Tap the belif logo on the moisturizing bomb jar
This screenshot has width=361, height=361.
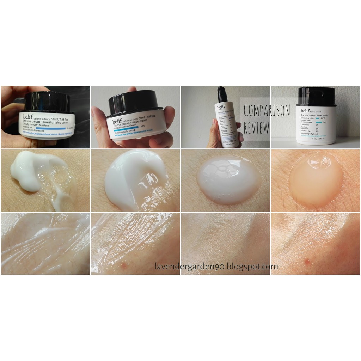29,117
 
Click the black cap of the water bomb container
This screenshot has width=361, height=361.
316,96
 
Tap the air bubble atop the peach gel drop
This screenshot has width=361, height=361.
319,161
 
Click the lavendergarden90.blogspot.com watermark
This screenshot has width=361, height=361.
216,267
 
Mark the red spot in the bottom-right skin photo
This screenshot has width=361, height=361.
307,261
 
